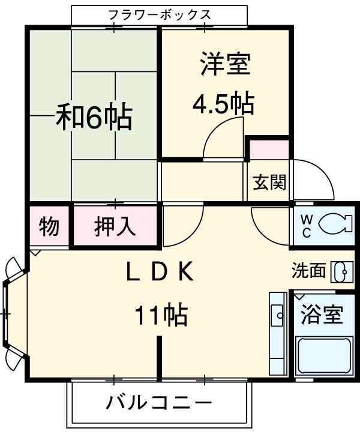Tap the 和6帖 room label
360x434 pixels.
click(94, 118)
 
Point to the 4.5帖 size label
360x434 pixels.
click(223, 104)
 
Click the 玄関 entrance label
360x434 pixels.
click(268, 182)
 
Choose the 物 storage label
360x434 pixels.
click(49, 227)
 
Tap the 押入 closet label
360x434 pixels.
click(115, 227)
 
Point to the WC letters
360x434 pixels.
click(306, 226)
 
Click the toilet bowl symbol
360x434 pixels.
click(332, 226)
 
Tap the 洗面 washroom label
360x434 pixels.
click(308, 271)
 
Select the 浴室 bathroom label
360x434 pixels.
click(322, 314)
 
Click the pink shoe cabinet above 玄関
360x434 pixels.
click(268, 150)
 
